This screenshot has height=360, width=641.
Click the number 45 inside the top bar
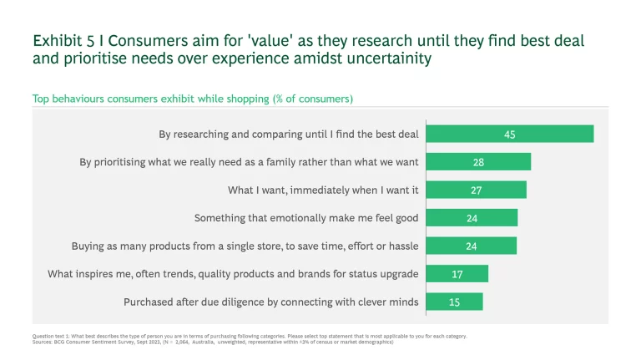[509, 134]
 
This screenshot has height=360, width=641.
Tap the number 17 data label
[457, 274]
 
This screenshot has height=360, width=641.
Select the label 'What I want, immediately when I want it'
[323, 190]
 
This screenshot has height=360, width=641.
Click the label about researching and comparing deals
[289, 134]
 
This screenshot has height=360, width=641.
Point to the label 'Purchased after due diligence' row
[271, 302]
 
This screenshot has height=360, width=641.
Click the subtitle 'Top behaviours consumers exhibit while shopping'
[192, 99]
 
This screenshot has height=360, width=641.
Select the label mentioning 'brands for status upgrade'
[233, 274]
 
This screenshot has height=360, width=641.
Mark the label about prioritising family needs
[249, 162]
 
